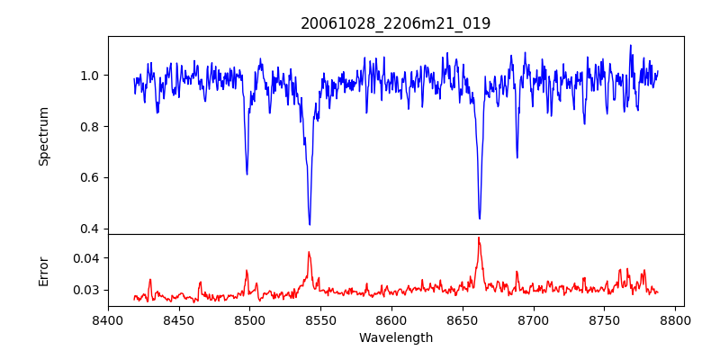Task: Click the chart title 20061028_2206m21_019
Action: (x=395, y=23)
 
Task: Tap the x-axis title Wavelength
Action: (x=395, y=337)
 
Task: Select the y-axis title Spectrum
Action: (x=44, y=136)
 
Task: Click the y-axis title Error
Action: (x=44, y=271)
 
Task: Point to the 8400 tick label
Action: (x=108, y=319)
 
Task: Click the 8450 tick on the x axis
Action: (x=179, y=319)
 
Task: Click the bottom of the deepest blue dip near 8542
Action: (x=310, y=224)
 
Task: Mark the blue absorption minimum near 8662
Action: (x=480, y=219)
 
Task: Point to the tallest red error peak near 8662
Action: (x=479, y=238)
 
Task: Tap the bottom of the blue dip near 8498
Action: (x=247, y=174)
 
